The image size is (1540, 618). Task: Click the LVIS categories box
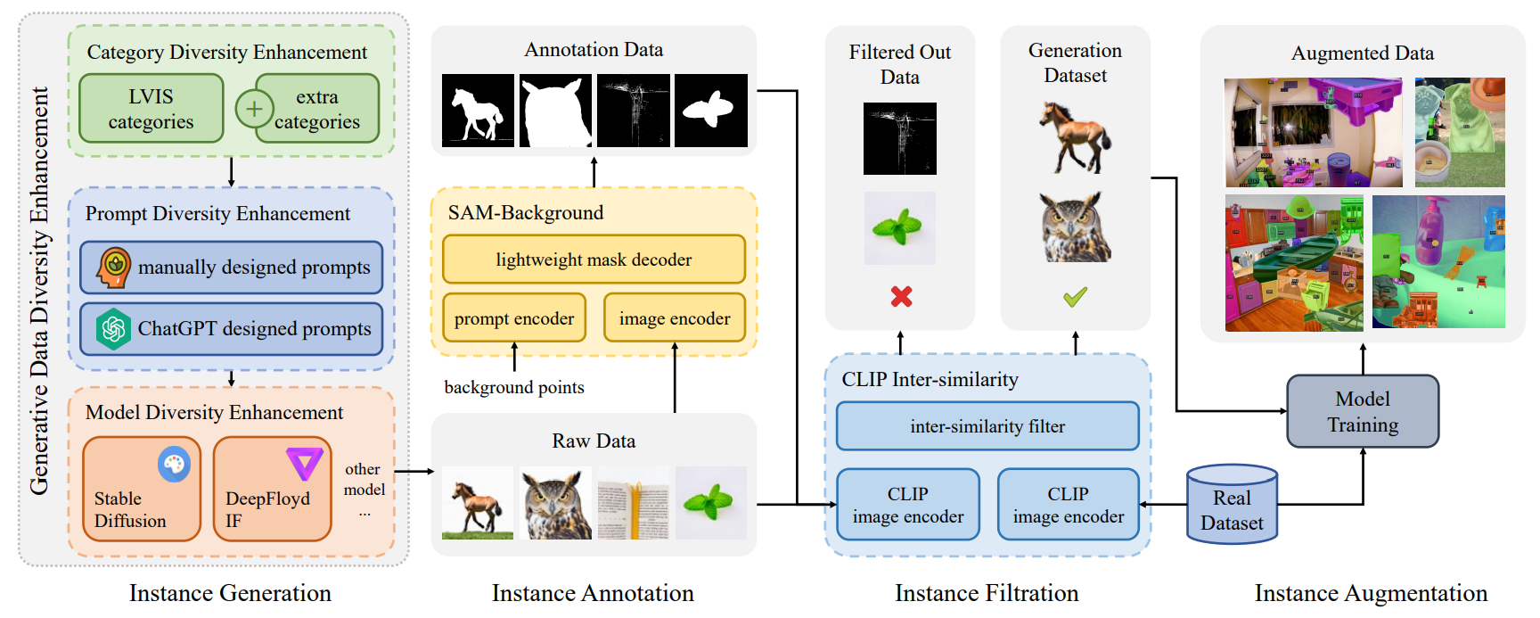[x=151, y=109]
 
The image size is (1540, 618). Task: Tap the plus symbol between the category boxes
[x=254, y=109]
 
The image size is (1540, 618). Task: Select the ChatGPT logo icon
[x=114, y=328]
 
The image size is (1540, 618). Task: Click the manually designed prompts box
[x=231, y=268]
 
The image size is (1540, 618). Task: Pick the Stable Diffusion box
[x=141, y=489]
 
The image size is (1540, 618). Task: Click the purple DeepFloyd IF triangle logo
[x=304, y=463]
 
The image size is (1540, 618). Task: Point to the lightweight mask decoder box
[x=594, y=260]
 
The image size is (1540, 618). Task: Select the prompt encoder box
[x=514, y=318]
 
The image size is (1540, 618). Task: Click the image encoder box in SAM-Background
[x=675, y=318]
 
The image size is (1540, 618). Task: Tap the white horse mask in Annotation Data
[x=478, y=111]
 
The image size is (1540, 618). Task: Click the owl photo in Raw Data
[x=556, y=503]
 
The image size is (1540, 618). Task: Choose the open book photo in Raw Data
[x=633, y=503]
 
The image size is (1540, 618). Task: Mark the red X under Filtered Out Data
[x=901, y=296]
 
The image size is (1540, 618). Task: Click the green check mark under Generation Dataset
[x=1075, y=296]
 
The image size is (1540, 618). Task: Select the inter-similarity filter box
[x=987, y=426]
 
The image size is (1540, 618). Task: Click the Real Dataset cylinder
[x=1232, y=506]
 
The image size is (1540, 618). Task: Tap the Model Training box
[x=1363, y=411]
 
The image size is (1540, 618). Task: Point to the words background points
[x=514, y=387]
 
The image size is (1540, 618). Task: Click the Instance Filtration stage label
[x=987, y=593]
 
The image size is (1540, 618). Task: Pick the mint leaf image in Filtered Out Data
[x=900, y=228]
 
